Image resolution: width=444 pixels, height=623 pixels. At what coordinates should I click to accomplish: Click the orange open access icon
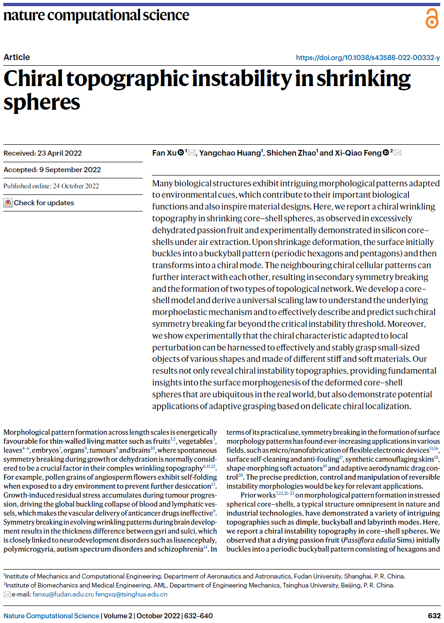(x=432, y=18)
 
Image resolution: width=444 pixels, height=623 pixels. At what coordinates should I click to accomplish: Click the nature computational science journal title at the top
(x=96, y=15)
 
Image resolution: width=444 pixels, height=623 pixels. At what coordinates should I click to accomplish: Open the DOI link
(x=367, y=58)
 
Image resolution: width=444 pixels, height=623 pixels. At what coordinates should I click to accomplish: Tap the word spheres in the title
(x=42, y=102)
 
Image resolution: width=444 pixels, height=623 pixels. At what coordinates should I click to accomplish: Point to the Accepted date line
(x=52, y=170)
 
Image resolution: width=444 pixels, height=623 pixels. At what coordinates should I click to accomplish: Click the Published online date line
(x=51, y=186)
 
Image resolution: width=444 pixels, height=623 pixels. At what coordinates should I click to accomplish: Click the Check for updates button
(x=39, y=203)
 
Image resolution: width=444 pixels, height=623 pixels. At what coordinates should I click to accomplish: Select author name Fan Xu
(x=164, y=153)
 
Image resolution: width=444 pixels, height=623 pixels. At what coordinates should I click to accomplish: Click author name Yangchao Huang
(x=230, y=153)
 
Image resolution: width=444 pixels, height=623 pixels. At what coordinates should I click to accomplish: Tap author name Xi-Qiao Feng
(x=358, y=153)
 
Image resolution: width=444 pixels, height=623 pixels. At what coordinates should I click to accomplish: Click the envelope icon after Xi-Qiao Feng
(x=398, y=152)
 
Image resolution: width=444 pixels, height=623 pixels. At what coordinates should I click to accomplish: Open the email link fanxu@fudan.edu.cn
(x=62, y=595)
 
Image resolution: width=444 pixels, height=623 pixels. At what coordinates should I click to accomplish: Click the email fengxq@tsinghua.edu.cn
(x=131, y=595)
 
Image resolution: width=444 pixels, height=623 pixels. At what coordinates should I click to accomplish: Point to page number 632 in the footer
(x=434, y=616)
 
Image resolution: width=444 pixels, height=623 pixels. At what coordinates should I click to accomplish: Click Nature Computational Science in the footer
(x=51, y=616)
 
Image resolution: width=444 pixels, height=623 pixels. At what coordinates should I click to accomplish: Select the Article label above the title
(x=17, y=57)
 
